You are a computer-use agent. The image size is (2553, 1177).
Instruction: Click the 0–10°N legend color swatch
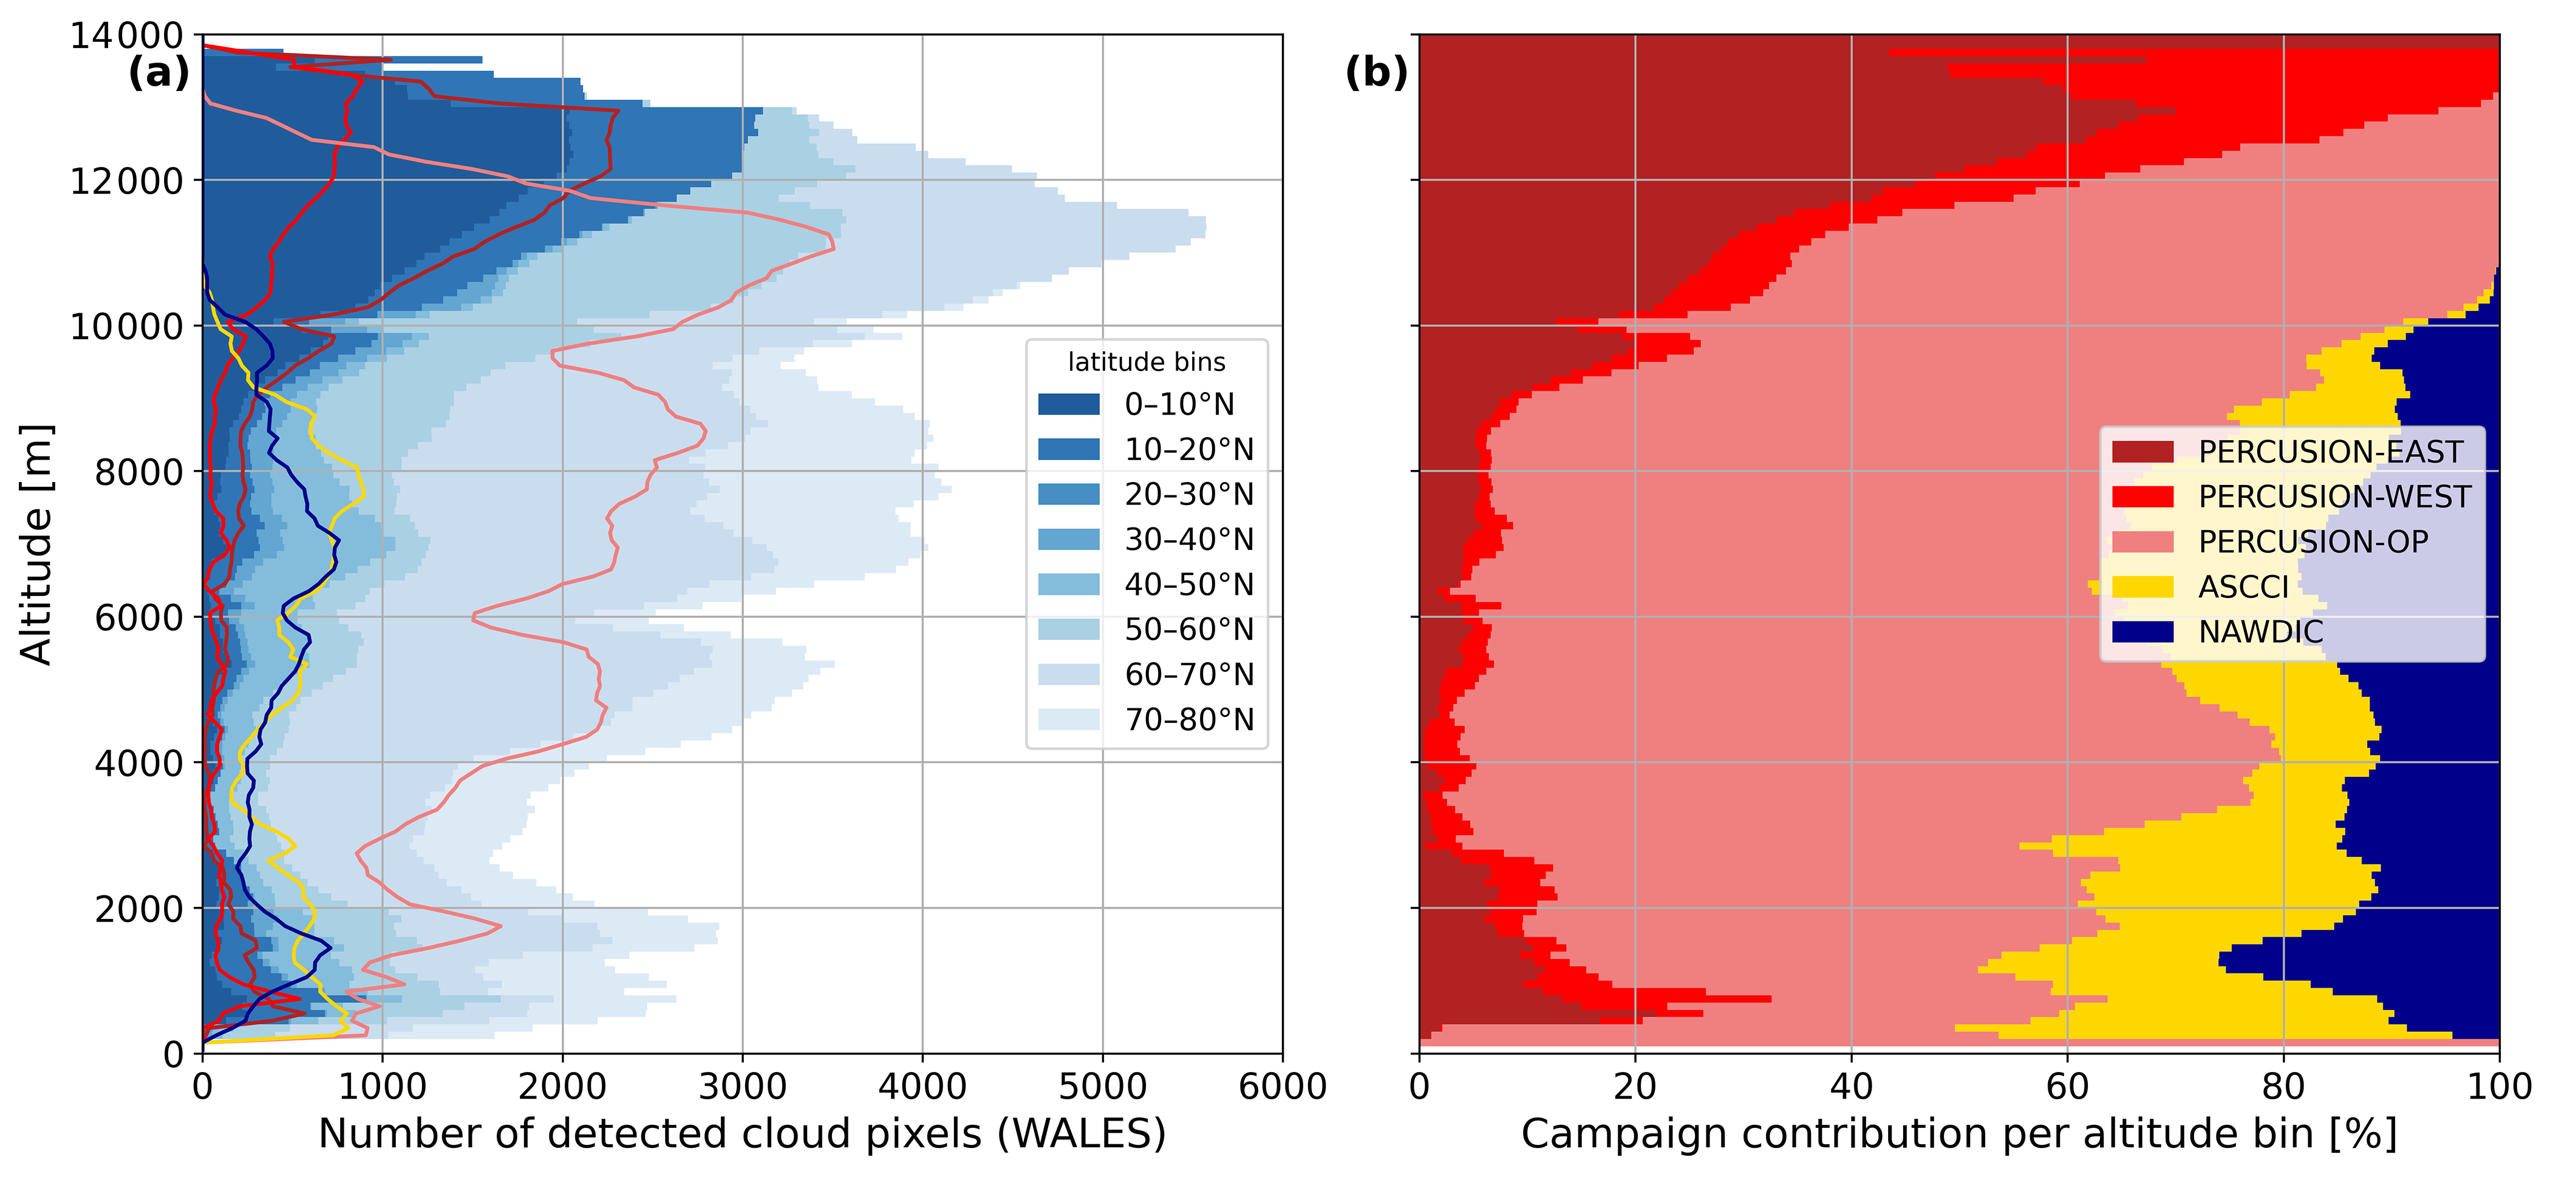(x=1068, y=404)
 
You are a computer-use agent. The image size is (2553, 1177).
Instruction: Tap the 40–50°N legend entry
(x=1146, y=585)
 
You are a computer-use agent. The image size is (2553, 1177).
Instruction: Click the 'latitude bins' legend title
(x=1147, y=362)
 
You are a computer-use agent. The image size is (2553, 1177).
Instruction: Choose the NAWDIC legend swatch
(x=2142, y=632)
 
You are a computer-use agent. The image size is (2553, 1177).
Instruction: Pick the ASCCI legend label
(x=2244, y=586)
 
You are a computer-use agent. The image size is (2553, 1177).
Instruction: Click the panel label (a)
(x=158, y=72)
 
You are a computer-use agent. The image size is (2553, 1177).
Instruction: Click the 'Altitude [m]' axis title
(x=36, y=544)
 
